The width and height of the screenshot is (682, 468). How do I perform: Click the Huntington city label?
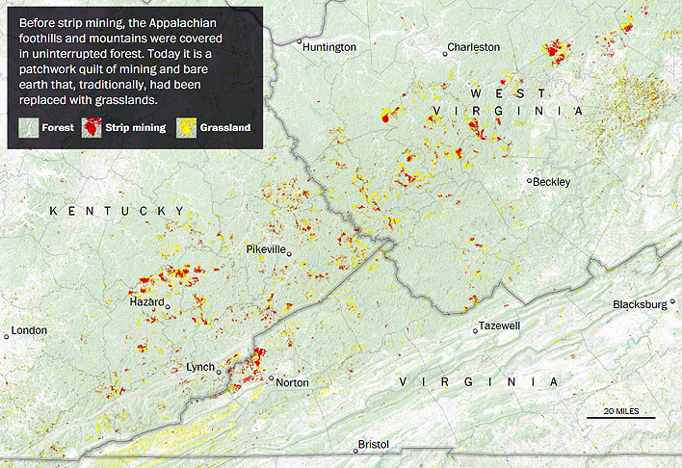pyautogui.click(x=329, y=46)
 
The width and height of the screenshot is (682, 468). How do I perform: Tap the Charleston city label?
pyautogui.click(x=474, y=46)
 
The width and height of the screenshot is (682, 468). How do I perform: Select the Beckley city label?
pyautogui.click(x=553, y=181)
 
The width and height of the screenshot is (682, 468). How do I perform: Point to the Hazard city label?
pyautogui.click(x=146, y=302)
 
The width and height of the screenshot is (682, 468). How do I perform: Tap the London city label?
pyautogui.click(x=29, y=330)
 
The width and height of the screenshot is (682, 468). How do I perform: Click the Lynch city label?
pyautogui.click(x=199, y=367)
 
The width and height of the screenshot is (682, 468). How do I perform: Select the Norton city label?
pyautogui.click(x=292, y=382)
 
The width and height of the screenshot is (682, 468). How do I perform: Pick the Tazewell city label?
pyautogui.click(x=499, y=325)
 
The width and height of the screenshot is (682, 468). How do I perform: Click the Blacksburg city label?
pyautogui.click(x=639, y=304)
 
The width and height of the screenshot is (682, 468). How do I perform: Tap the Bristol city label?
pyautogui.click(x=373, y=444)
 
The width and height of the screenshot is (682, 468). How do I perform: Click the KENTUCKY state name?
pyautogui.click(x=117, y=211)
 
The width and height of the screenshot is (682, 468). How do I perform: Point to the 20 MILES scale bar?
pyautogui.click(x=620, y=415)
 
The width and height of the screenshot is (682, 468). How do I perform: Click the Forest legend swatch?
pyautogui.click(x=28, y=127)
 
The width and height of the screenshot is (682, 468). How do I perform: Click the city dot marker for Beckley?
pyautogui.click(x=530, y=181)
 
